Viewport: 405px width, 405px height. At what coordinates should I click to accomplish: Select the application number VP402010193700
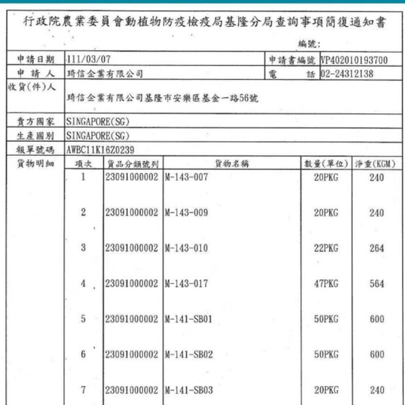[x=354, y=61]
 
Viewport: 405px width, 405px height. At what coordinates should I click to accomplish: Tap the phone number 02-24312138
[x=347, y=74]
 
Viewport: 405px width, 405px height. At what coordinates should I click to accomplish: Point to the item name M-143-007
[x=186, y=177]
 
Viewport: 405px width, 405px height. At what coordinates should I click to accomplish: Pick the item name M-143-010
[x=186, y=248]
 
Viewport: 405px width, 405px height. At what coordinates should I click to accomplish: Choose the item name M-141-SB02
[x=189, y=354]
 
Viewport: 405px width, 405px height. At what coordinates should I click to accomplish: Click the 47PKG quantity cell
[x=326, y=284]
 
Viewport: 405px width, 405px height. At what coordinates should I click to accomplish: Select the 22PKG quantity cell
[x=326, y=248]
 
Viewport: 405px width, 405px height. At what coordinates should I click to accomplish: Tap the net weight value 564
[x=376, y=284]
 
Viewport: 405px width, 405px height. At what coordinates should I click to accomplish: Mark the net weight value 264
[x=376, y=248]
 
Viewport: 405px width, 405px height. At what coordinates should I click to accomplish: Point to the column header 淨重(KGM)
[x=375, y=164]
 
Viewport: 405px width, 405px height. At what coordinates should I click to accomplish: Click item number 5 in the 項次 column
[x=83, y=319]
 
